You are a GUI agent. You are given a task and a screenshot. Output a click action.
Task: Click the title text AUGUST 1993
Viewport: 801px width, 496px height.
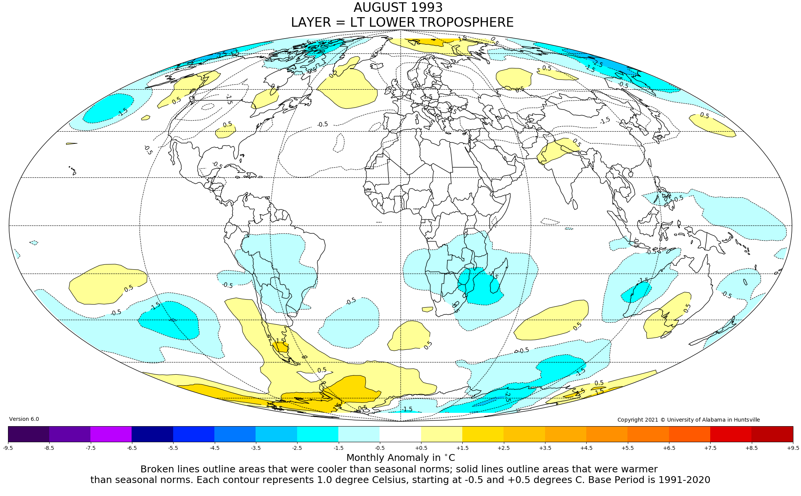(x=398, y=8)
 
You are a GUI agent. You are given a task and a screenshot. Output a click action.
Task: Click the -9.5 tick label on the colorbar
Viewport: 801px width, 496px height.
(x=8, y=448)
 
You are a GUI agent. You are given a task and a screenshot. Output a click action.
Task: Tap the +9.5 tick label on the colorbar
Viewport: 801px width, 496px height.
(x=793, y=448)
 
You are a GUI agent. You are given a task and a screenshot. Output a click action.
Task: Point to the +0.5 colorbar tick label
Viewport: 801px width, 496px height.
(x=421, y=448)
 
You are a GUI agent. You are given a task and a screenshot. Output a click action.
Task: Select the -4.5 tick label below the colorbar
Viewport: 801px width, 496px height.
(x=214, y=448)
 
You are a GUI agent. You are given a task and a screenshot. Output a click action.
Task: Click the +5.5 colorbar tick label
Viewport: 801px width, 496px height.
(x=627, y=448)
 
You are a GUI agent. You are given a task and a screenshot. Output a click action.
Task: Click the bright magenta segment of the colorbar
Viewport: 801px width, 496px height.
(x=111, y=434)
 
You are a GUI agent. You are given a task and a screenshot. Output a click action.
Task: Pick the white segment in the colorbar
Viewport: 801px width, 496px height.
(x=400, y=434)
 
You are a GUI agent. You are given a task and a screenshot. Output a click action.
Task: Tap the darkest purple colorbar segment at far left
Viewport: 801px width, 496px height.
(x=29, y=434)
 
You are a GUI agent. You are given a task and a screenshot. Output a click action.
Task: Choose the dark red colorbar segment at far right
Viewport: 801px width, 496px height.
(x=772, y=434)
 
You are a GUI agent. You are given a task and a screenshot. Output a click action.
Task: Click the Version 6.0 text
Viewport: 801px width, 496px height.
(x=24, y=419)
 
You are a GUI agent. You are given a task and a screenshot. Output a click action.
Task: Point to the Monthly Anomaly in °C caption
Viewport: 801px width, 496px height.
(x=400, y=457)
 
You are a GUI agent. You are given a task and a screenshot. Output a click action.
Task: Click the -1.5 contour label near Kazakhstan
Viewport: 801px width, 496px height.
(x=605, y=121)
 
